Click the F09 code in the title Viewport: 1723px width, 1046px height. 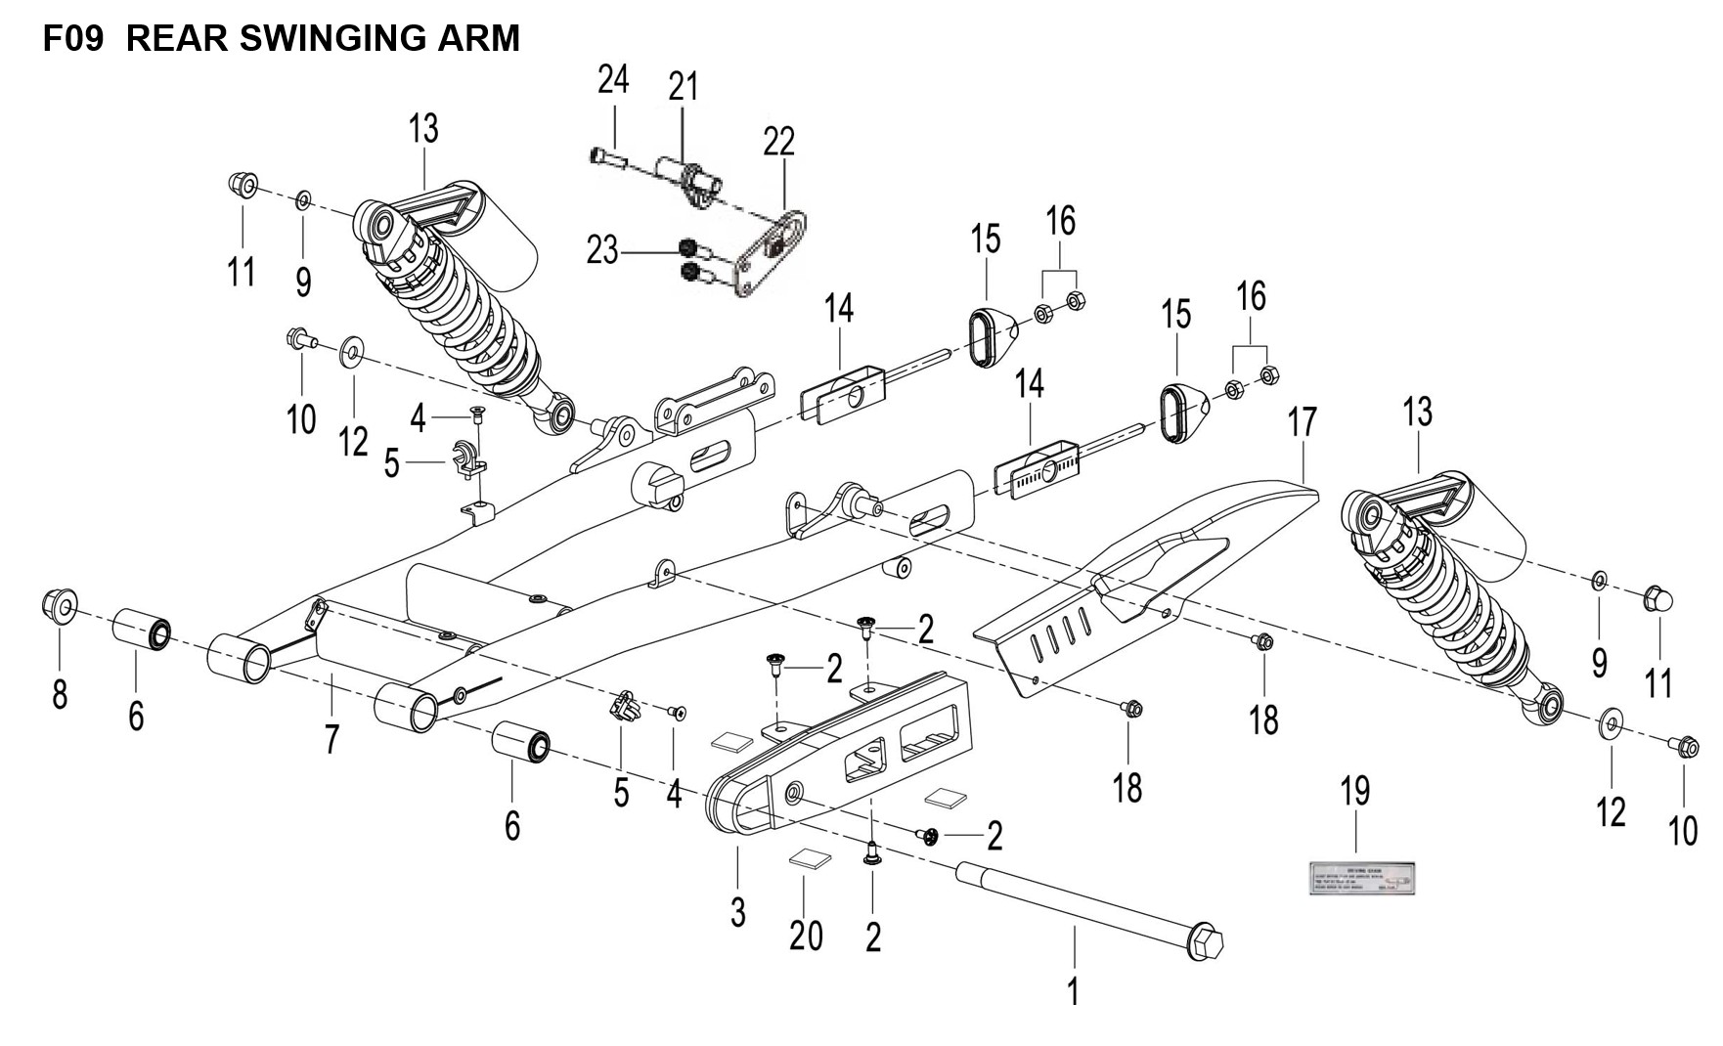(x=73, y=38)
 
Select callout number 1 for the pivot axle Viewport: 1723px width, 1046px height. (x=1073, y=991)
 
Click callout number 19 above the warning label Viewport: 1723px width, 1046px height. (x=1355, y=792)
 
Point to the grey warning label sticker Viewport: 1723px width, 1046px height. (x=1362, y=878)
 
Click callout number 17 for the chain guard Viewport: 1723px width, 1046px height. (x=1302, y=422)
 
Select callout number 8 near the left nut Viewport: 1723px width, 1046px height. (x=60, y=694)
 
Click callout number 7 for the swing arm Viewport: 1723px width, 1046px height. (x=332, y=739)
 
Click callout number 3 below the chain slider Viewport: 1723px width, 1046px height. (x=737, y=911)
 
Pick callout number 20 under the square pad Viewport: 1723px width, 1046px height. (x=806, y=936)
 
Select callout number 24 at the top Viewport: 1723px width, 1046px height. (x=613, y=80)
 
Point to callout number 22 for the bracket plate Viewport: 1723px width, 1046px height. (x=779, y=143)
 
